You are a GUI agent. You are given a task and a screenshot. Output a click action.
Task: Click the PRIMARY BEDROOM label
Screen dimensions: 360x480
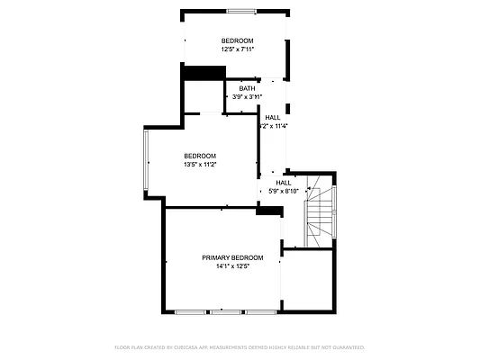point(232,257)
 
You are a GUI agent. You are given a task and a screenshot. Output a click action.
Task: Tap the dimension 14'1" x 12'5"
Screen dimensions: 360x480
point(232,266)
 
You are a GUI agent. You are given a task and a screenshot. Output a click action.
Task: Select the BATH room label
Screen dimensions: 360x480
point(247,88)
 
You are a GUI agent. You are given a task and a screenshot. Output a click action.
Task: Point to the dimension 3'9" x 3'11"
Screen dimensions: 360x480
point(247,97)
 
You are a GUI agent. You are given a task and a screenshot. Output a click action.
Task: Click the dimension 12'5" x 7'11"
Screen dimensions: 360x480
point(238,49)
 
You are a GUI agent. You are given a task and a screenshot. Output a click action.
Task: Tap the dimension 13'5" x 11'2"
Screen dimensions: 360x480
point(200,165)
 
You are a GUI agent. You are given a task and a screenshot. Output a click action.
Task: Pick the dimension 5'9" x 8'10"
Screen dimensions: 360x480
point(283,191)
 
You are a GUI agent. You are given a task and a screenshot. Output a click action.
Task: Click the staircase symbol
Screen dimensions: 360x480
point(320,212)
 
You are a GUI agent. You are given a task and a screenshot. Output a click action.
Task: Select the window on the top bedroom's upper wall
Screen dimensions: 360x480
point(240,11)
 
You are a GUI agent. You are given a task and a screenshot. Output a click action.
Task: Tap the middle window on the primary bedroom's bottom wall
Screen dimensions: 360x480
point(225,311)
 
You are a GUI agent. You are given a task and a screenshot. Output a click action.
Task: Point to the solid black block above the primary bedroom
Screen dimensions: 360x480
point(269,211)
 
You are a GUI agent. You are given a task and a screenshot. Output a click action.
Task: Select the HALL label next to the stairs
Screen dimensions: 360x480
point(283,182)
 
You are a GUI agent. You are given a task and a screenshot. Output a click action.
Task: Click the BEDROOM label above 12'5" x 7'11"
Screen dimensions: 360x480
point(238,40)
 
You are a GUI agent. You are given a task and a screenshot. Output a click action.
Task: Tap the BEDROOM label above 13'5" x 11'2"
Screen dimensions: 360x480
point(200,156)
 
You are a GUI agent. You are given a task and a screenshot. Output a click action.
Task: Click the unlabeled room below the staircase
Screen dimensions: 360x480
point(307,279)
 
